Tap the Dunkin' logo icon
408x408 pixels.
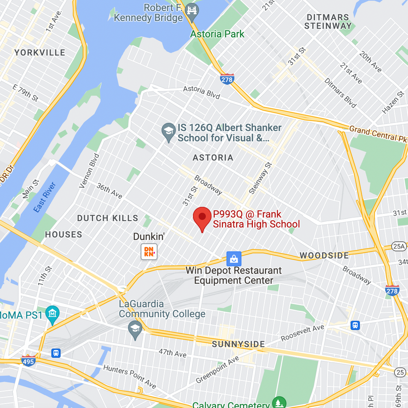(149, 252)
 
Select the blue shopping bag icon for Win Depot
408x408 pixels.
(234, 259)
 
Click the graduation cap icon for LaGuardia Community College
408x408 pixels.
(135, 329)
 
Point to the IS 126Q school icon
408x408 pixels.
(168, 131)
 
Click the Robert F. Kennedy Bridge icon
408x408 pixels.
(192, 10)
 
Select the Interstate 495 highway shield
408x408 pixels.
(28, 360)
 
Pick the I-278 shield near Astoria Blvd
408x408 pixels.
(227, 79)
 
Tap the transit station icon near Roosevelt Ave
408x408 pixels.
(355, 325)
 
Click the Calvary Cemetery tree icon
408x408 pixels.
(279, 403)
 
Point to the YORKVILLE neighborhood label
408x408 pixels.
(40, 53)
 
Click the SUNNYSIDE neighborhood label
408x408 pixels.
(238, 344)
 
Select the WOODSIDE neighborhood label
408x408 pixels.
(324, 255)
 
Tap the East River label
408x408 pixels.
(45, 197)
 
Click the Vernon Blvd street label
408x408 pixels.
(89, 171)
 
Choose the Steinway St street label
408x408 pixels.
(260, 178)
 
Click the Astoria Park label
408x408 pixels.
(217, 34)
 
